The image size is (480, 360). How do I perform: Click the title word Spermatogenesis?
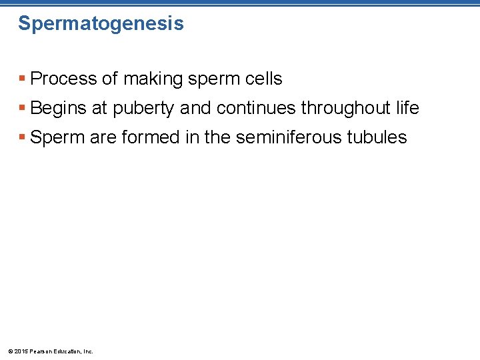tap(101, 24)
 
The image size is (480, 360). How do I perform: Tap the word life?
tap(406, 108)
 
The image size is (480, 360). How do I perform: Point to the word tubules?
tap(379, 137)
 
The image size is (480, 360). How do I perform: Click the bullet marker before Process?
tap(23, 79)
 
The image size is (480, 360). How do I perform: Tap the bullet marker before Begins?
tap(23, 109)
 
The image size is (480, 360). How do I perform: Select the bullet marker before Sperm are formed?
tap(23, 138)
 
